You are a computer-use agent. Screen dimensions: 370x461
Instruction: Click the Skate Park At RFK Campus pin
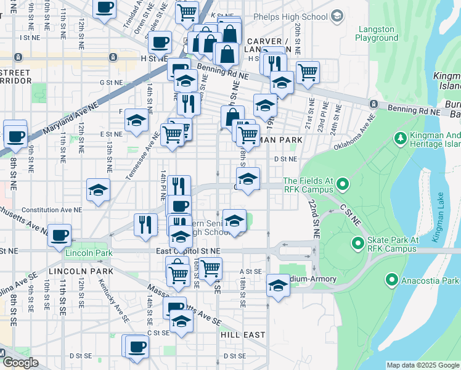[357, 244]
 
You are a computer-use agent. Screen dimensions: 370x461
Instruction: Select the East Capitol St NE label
[188, 251]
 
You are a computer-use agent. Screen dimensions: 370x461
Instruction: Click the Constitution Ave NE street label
[54, 210]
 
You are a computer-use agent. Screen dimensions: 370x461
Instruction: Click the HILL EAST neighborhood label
[243, 335]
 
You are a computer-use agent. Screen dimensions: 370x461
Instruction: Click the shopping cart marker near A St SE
[210, 269]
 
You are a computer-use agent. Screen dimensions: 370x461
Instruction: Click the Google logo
[20, 363]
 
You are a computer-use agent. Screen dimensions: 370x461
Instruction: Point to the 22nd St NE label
[315, 220]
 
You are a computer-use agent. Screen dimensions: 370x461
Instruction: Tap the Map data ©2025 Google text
[423, 365]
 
